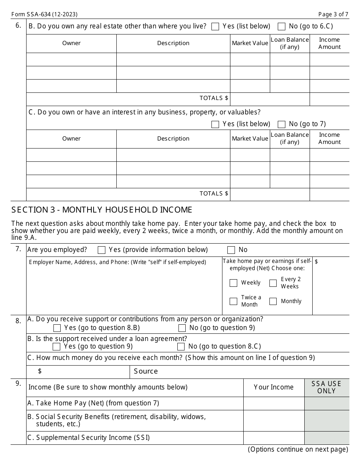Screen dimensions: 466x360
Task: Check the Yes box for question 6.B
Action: (x=215, y=27)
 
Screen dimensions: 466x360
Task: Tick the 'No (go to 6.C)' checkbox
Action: (x=282, y=27)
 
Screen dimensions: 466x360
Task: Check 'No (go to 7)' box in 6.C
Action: (x=282, y=124)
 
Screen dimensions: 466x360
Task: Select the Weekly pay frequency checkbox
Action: (x=233, y=283)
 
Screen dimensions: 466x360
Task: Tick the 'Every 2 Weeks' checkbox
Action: (x=273, y=283)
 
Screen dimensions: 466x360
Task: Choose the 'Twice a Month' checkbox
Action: (x=233, y=301)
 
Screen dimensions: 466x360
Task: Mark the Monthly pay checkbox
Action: (x=273, y=301)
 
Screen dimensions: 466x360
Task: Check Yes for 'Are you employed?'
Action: (x=102, y=250)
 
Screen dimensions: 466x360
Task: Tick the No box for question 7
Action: (x=231, y=250)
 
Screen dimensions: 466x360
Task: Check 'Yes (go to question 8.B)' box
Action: (x=57, y=328)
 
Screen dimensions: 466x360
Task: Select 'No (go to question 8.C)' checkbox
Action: (x=181, y=347)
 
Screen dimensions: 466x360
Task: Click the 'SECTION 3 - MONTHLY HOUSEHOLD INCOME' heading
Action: (x=102, y=210)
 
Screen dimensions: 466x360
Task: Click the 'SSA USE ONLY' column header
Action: (x=327, y=387)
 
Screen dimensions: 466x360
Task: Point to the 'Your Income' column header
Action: (x=274, y=387)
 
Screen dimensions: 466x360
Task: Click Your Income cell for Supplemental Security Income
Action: (x=274, y=438)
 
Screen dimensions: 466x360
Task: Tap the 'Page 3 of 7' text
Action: (x=333, y=14)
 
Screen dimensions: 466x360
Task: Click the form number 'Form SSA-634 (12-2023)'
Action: (x=44, y=14)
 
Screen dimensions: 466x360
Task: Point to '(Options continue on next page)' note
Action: (x=298, y=449)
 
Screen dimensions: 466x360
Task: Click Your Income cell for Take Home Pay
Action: (x=274, y=403)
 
